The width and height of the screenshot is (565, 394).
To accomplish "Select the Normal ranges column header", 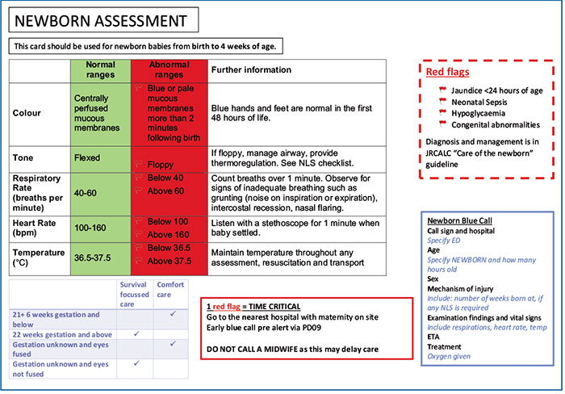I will tap(100, 69).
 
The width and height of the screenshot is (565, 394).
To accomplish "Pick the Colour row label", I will tap(27, 113).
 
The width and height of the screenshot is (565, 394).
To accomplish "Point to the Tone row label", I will tap(24, 158).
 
